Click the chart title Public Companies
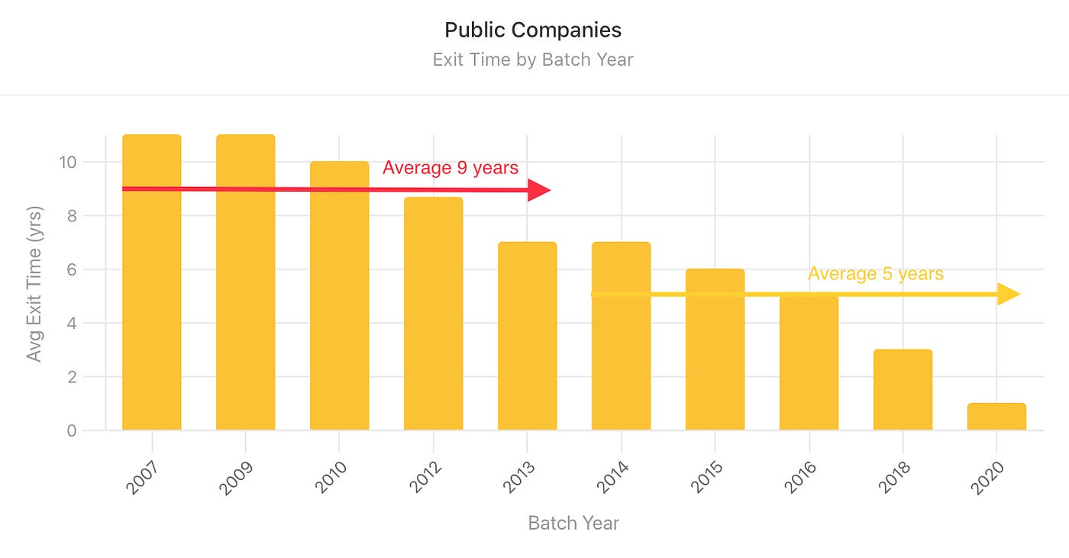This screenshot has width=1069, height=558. (533, 30)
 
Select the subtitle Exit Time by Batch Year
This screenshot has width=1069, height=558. (533, 60)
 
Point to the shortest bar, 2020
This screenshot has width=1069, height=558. (996, 417)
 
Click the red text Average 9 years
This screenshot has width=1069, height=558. (451, 168)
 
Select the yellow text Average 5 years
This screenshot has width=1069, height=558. (876, 273)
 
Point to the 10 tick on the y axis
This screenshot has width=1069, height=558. (66, 162)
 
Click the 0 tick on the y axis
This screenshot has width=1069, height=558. (72, 431)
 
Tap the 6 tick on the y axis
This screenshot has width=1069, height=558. (72, 269)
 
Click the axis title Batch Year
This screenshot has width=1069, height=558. (573, 523)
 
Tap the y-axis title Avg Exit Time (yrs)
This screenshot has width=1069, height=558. (34, 283)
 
